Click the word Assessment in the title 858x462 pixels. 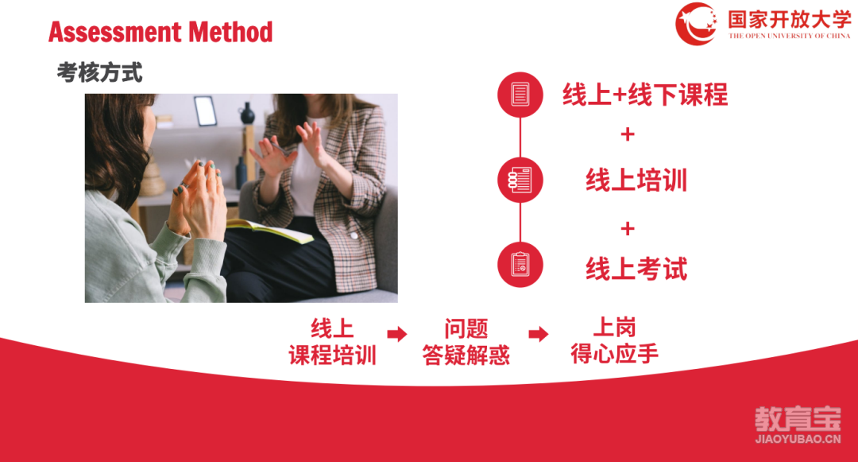pos(115,32)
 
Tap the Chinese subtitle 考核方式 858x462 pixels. pos(99,72)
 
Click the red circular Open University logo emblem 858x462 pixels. pos(696,24)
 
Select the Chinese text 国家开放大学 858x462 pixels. pos(789,19)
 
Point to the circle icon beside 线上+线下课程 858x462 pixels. pos(520,94)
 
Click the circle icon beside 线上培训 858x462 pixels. pos(520,180)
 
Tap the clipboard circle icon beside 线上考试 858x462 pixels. pos(520,264)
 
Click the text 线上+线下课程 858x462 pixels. pos(645,94)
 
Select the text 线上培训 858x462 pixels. pos(636,180)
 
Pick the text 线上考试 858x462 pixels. pos(636,269)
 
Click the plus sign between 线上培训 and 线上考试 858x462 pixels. pos(628,228)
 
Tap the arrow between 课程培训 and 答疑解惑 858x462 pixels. pos(397,334)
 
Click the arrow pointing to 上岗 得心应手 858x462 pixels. pos(539,334)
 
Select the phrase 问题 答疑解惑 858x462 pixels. pos(466,342)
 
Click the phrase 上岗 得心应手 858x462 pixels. pos(614,340)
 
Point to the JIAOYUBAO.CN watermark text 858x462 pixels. pos(798,439)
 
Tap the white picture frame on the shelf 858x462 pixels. pos(205,111)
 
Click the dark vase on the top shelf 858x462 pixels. pos(247,113)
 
